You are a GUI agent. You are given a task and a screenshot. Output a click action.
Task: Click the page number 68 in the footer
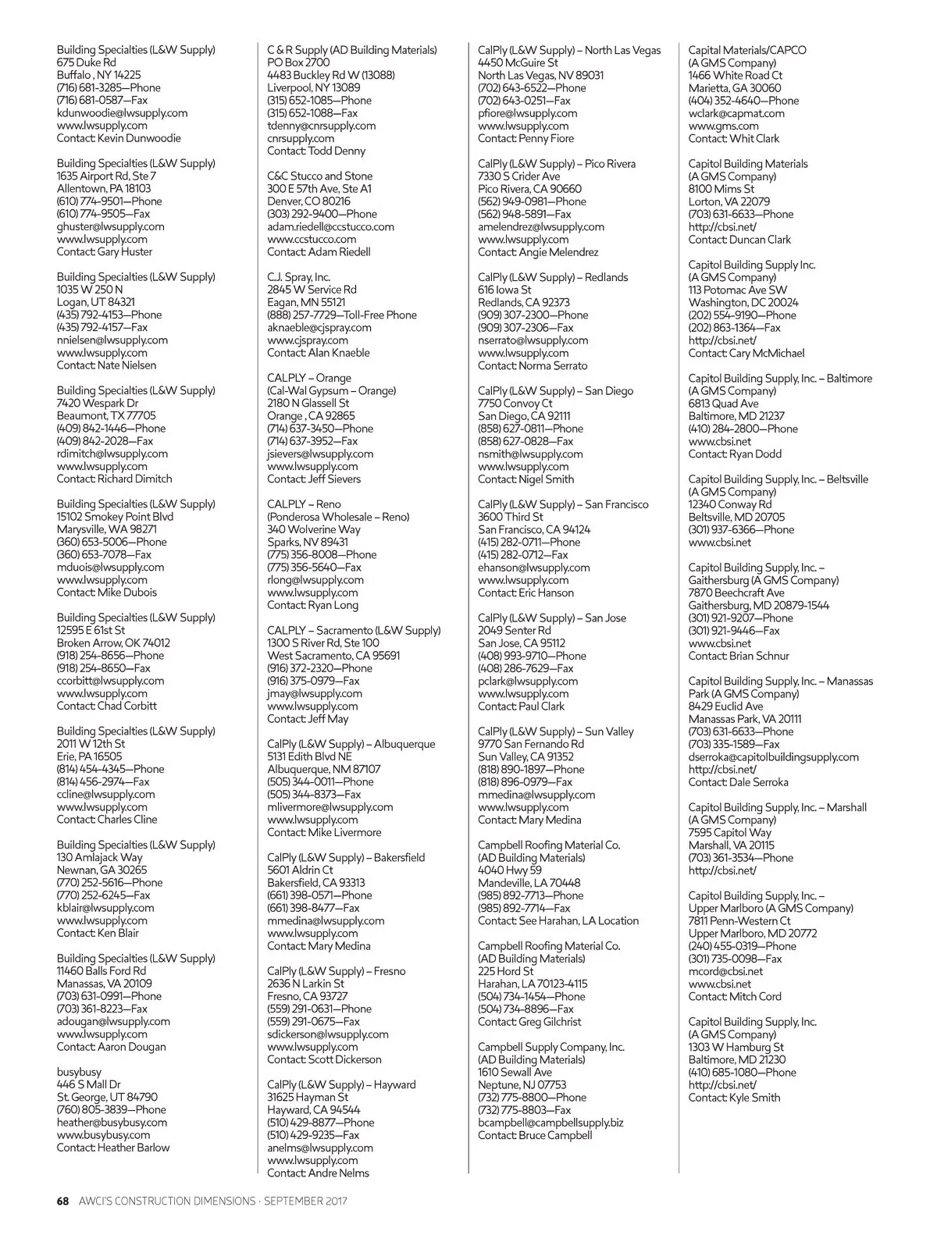(63, 1201)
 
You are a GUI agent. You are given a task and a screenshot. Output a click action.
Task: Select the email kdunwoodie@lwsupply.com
(122, 113)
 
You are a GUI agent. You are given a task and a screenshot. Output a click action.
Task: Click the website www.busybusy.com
(103, 1135)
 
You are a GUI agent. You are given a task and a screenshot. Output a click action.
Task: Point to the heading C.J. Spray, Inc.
(298, 277)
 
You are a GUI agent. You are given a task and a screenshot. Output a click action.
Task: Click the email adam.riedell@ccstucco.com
(330, 226)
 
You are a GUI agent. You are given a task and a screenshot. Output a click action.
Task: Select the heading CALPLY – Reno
(304, 504)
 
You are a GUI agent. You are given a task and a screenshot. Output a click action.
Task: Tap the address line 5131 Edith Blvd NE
(309, 756)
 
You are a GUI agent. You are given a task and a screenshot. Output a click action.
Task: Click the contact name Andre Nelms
(339, 1173)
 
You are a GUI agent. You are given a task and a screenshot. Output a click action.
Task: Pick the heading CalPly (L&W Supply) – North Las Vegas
(568, 50)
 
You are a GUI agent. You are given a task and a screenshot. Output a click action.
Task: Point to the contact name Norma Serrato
(553, 365)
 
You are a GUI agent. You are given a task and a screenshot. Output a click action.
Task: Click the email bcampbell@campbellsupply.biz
(550, 1123)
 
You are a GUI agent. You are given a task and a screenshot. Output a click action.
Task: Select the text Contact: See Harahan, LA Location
(558, 920)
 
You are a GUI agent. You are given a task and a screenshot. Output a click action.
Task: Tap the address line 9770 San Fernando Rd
(530, 744)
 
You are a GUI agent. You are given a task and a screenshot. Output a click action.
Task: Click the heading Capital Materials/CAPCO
(746, 50)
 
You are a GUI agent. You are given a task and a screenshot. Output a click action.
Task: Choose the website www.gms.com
(723, 126)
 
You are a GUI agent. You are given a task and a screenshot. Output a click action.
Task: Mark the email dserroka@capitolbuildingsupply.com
(773, 756)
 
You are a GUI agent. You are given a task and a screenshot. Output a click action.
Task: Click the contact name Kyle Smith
(754, 1097)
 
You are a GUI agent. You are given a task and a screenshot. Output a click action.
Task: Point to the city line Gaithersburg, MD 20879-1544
(758, 605)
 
